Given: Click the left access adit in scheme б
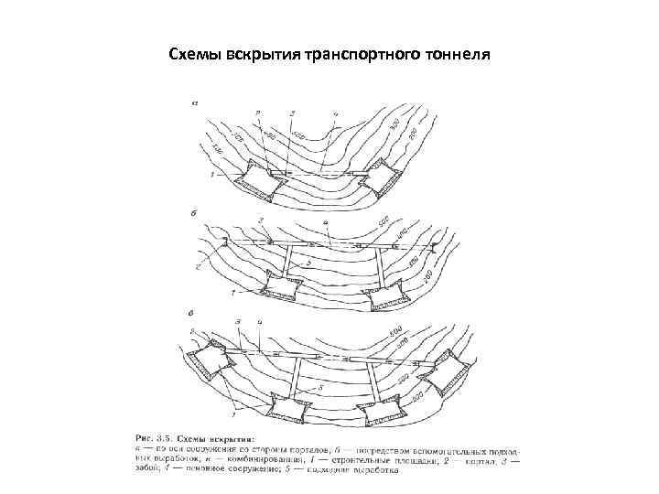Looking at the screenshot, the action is coord(290,264).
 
